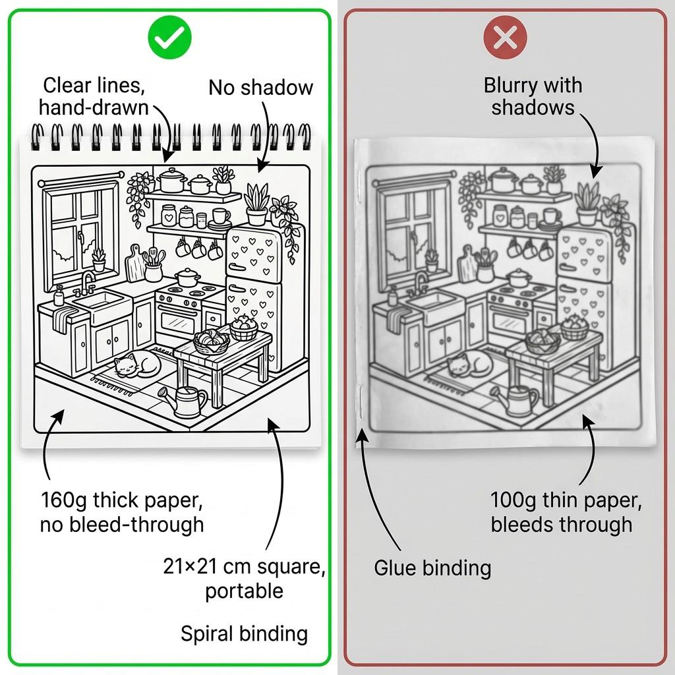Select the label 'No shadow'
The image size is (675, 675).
click(x=260, y=88)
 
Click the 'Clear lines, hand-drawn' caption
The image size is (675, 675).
click(x=94, y=96)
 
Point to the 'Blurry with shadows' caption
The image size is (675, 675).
click(x=533, y=96)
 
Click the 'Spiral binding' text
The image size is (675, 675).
click(x=244, y=633)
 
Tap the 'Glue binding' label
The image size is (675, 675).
click(x=432, y=568)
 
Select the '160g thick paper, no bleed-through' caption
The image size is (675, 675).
click(x=122, y=512)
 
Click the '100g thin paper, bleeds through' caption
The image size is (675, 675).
click(x=566, y=512)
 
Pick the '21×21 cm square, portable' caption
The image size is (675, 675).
click(x=244, y=578)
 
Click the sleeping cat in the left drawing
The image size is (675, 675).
click(x=136, y=364)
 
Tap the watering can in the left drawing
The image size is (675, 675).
click(x=188, y=401)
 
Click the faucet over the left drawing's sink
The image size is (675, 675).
click(x=87, y=281)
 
